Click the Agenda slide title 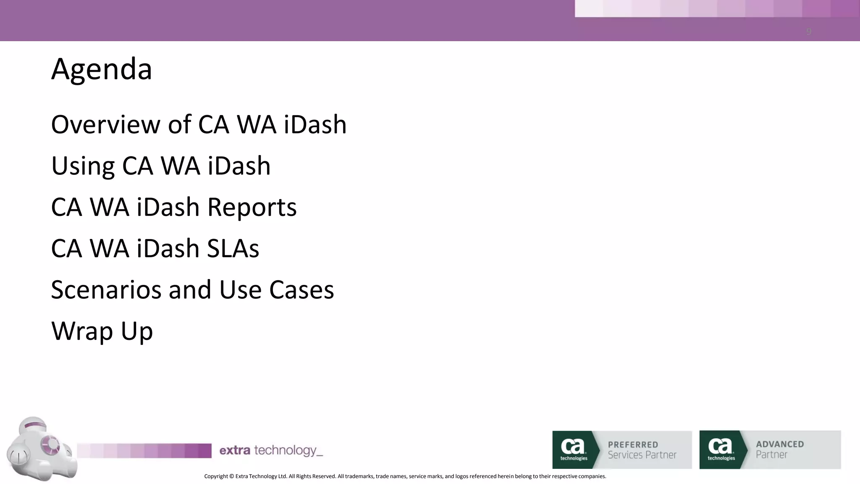[102, 69]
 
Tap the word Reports [252, 207]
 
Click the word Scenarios [106, 290]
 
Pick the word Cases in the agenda [302, 290]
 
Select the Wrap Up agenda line [102, 331]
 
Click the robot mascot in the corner [41, 449]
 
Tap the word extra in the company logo [235, 450]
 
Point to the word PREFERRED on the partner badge [633, 445]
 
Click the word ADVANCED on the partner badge [780, 444]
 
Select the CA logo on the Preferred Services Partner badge [573, 448]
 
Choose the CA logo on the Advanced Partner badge [721, 448]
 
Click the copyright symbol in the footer [231, 476]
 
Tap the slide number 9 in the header [808, 32]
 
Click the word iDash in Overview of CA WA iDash [315, 125]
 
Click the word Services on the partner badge [625, 455]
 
